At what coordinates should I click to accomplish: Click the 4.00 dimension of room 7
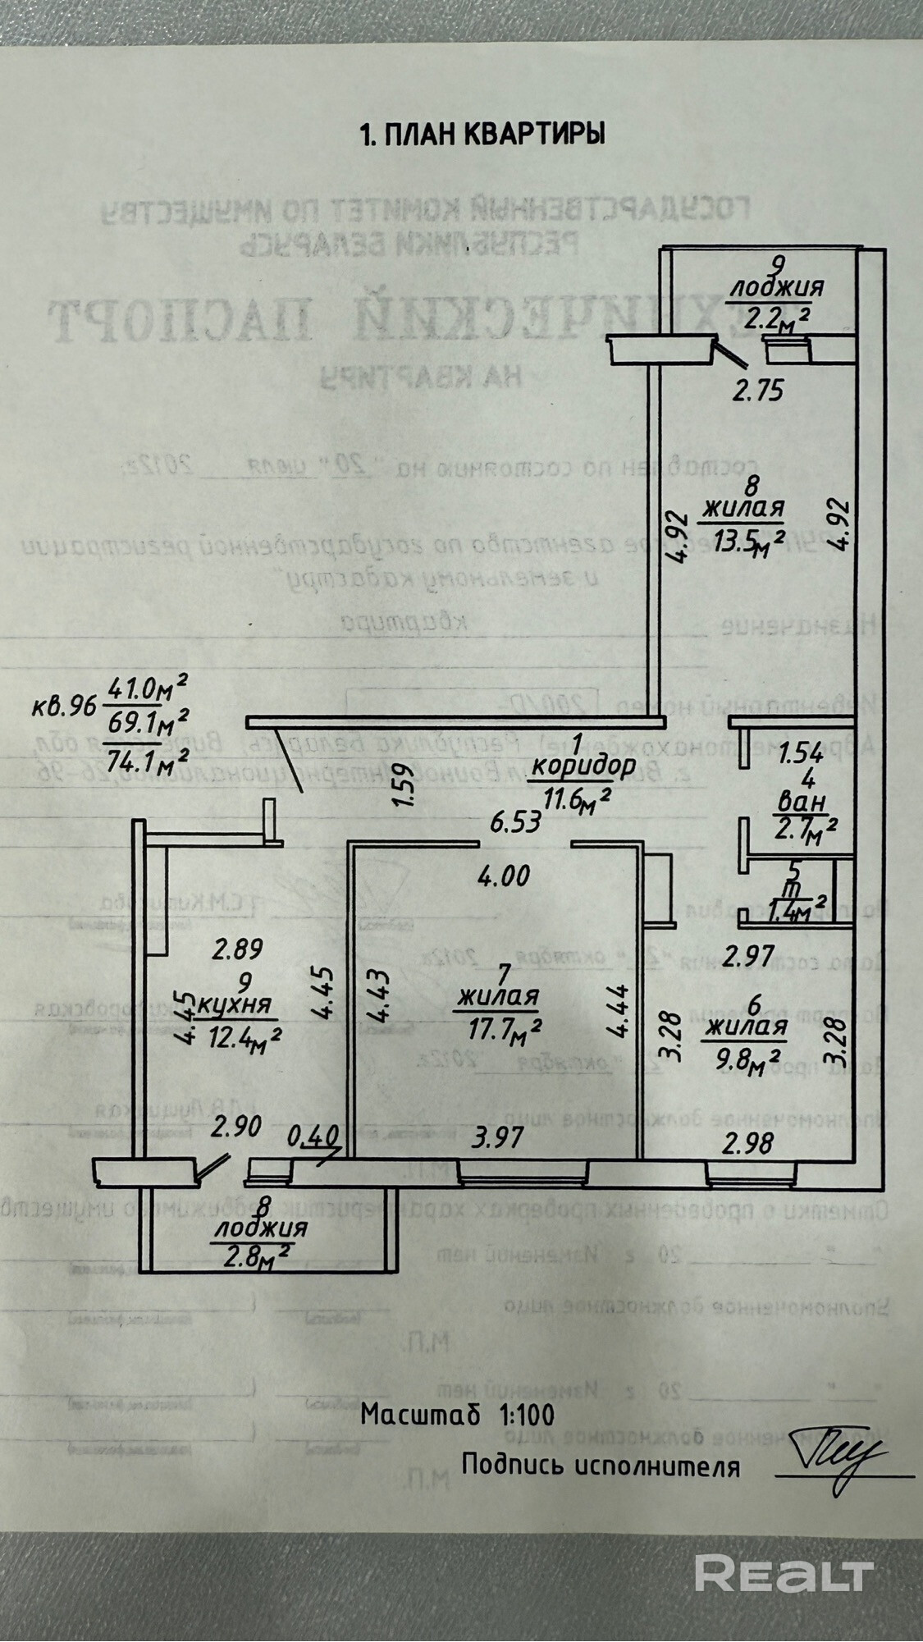pos(505,876)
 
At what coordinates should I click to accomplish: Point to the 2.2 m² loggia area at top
pos(774,314)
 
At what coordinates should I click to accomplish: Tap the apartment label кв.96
pos(66,705)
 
